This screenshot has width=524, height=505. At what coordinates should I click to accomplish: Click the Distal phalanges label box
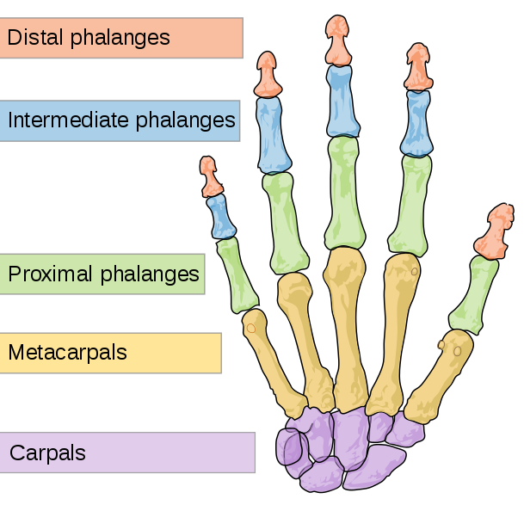click(x=120, y=38)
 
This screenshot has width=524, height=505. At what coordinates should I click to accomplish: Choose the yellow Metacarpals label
click(x=110, y=353)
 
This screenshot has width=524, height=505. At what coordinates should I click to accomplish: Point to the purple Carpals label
click(x=126, y=453)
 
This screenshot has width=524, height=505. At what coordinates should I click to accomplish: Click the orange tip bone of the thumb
click(x=495, y=233)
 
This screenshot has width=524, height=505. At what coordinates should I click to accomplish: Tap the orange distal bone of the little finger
click(x=209, y=176)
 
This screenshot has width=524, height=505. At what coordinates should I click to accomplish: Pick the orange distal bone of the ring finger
click(x=268, y=75)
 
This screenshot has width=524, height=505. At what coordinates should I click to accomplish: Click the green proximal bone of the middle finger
click(x=342, y=193)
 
